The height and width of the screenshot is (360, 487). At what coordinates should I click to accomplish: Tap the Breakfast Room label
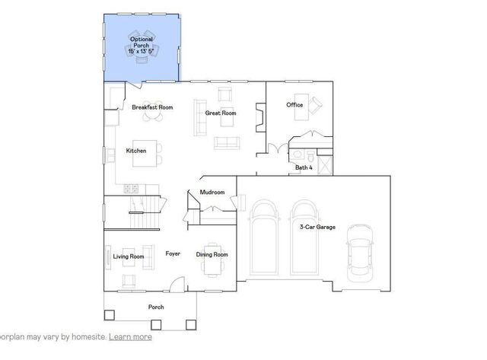tap(152, 108)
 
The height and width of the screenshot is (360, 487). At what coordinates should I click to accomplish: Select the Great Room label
tap(221, 113)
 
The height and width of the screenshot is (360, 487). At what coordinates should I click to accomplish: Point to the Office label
tap(294, 104)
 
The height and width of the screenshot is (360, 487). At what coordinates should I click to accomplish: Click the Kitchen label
tap(136, 151)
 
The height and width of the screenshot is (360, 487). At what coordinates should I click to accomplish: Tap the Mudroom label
tap(212, 193)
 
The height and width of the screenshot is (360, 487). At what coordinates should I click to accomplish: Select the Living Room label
tap(129, 256)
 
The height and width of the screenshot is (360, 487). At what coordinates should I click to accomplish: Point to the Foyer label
tap(173, 254)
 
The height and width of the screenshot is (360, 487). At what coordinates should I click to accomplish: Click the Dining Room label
tap(212, 254)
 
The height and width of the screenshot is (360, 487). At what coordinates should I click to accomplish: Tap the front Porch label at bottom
tap(156, 307)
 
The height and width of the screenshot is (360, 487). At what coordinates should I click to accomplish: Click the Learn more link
tap(130, 336)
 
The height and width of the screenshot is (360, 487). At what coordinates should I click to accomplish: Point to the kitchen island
tap(154, 151)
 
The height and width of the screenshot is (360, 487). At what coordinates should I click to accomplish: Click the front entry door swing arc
tap(176, 284)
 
